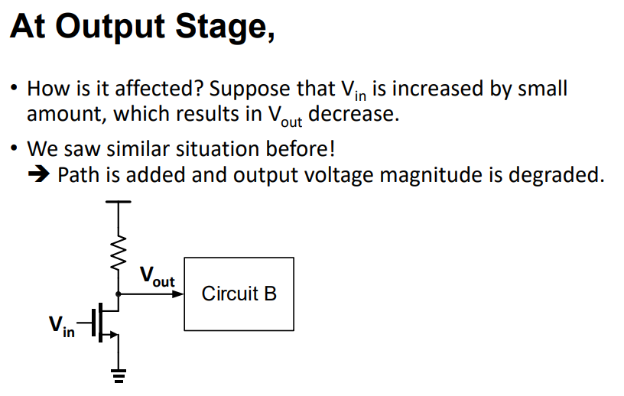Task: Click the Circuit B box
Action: (239, 294)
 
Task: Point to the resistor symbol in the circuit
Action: (118, 248)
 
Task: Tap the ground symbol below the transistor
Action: (118, 374)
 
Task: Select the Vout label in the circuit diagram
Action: (157, 277)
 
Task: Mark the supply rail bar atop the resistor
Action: (118, 203)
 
